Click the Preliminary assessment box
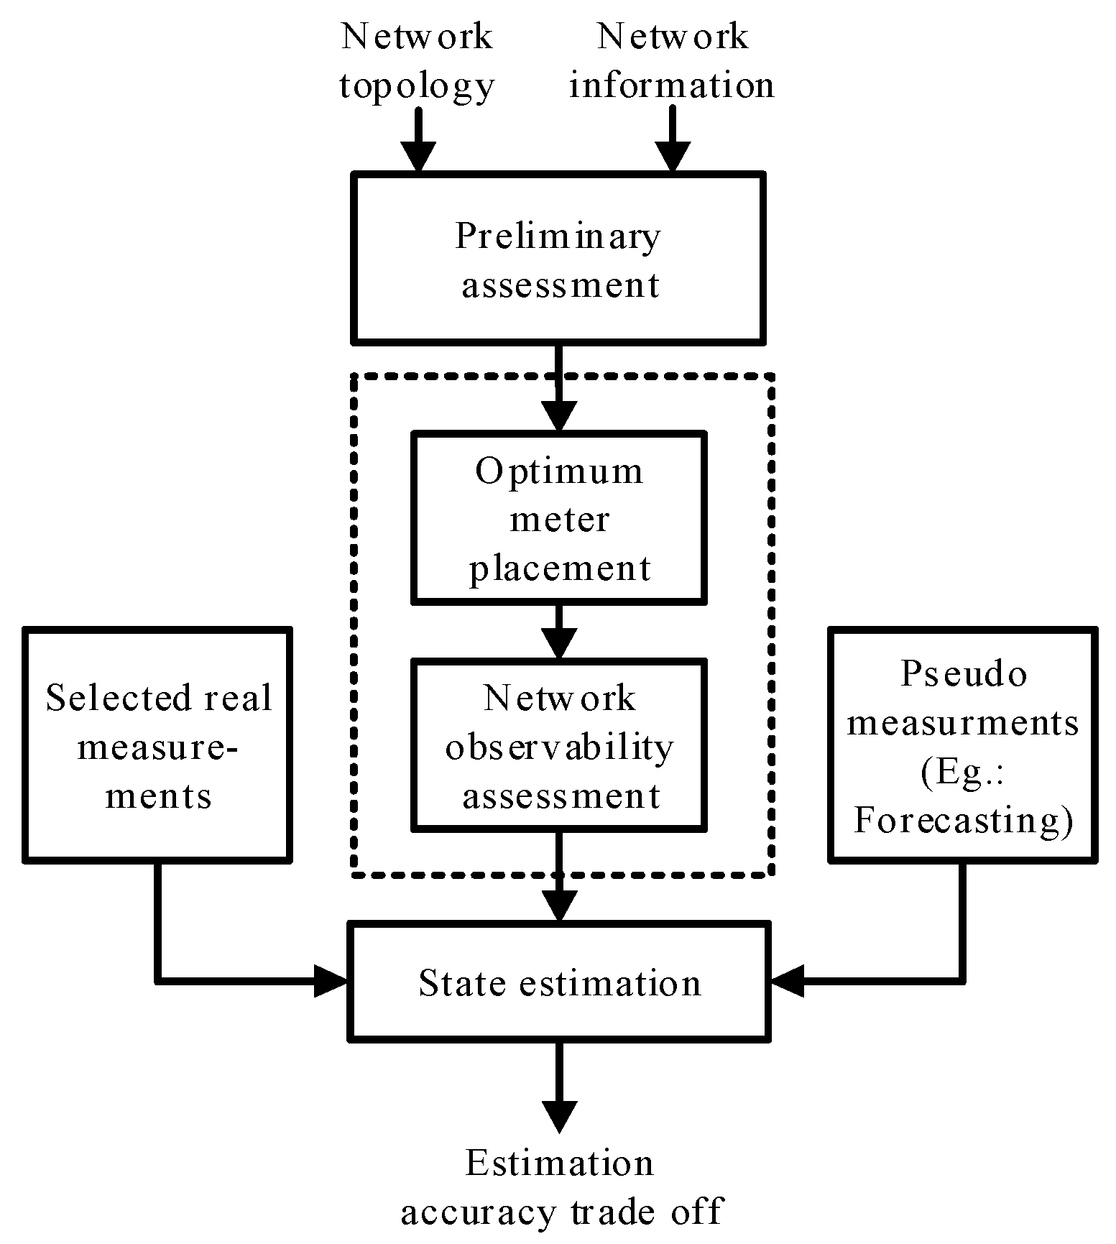[x=558, y=259]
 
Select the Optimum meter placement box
[x=558, y=518]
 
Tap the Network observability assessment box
[x=558, y=746]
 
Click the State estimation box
[x=558, y=982]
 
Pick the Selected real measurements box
[x=158, y=745]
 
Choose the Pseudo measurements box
[x=963, y=745]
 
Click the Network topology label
[x=417, y=61]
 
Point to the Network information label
[x=672, y=61]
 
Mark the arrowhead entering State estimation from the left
[x=333, y=980]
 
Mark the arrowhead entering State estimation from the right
[x=787, y=980]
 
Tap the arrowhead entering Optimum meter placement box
[x=558, y=415]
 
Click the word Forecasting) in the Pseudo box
[x=963, y=820]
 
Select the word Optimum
[x=559, y=471]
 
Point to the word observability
[x=559, y=747]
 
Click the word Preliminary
[x=558, y=236]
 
